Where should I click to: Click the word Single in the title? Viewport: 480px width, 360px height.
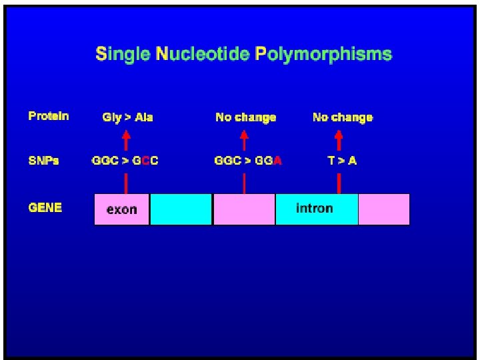click(x=123, y=54)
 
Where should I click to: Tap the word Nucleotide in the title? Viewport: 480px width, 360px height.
click(x=203, y=54)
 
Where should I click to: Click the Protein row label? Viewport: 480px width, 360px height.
click(x=49, y=116)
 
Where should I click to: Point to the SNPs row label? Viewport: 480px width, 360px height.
click(x=43, y=161)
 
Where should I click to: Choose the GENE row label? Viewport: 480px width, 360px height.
click(x=45, y=207)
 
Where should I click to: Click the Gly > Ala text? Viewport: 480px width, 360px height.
click(x=127, y=117)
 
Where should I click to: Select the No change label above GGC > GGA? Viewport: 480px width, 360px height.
click(x=245, y=117)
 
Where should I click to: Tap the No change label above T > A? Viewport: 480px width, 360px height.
click(x=343, y=117)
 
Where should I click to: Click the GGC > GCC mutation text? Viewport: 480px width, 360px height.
click(x=125, y=161)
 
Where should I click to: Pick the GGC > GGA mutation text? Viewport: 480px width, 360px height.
click(x=247, y=161)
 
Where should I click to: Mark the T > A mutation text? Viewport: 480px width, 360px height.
click(x=342, y=161)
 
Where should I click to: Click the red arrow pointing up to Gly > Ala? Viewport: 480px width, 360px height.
click(x=125, y=140)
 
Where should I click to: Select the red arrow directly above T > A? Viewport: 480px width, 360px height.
click(x=339, y=140)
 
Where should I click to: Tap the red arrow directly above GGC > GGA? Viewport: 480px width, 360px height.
click(x=244, y=140)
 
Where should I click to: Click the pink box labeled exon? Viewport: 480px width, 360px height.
click(x=122, y=209)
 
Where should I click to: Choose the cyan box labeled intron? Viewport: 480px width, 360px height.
click(x=316, y=209)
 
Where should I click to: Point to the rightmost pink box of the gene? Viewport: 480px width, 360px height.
click(x=384, y=209)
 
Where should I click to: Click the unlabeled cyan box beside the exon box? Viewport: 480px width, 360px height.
click(x=181, y=209)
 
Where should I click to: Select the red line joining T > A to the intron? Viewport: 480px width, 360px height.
click(x=339, y=183)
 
